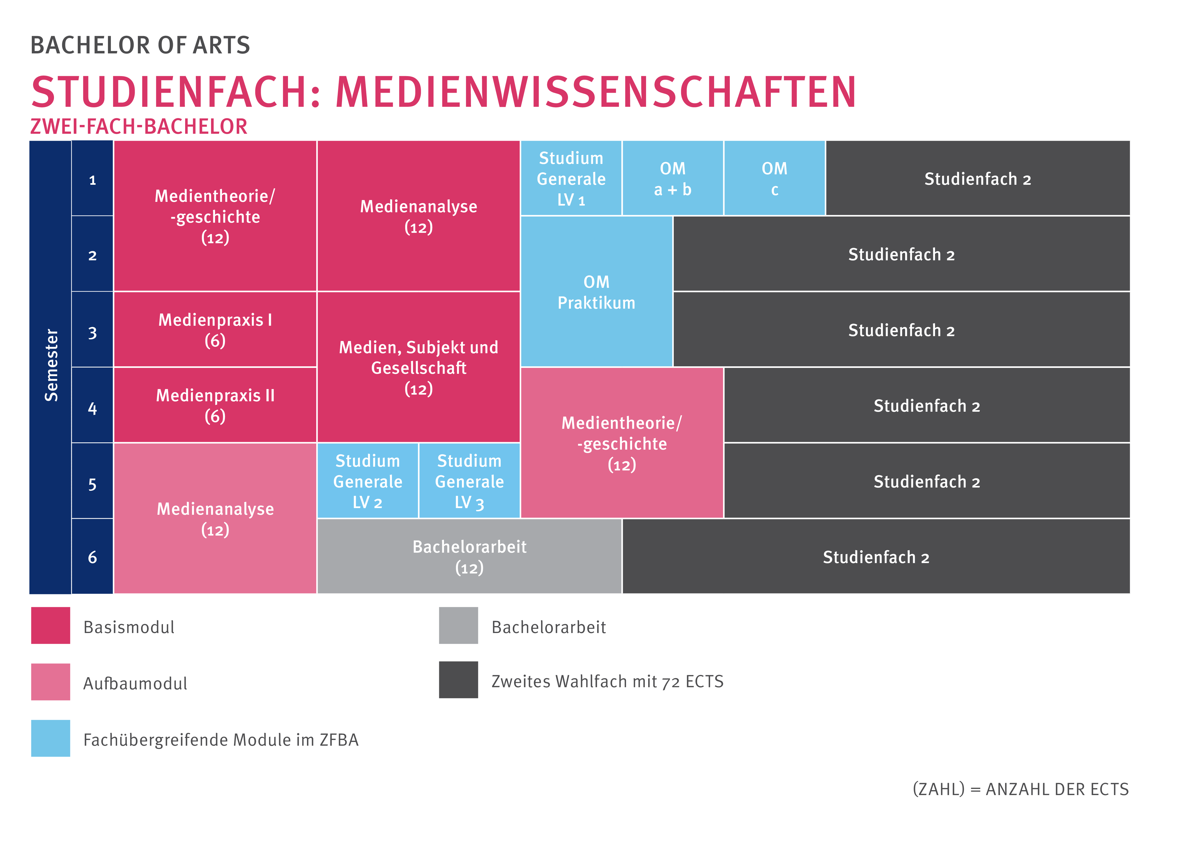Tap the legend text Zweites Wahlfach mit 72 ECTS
(607, 681)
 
